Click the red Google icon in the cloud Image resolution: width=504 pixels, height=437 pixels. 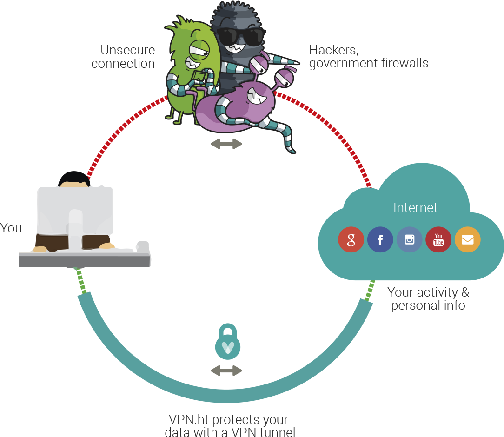351,240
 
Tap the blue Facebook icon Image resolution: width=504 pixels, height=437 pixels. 380,240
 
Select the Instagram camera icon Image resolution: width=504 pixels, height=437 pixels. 410,240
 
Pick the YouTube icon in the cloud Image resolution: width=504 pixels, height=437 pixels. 438,240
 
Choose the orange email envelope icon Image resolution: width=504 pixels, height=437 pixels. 468,240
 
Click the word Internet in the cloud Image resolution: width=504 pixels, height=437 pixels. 415,207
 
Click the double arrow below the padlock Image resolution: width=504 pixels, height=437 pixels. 226,371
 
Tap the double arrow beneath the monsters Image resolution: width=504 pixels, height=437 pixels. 226,144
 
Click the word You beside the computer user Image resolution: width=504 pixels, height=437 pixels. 11,228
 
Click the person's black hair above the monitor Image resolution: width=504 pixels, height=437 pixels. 74,178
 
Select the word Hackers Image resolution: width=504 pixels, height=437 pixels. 334,50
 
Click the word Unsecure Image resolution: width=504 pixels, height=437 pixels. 127,50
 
